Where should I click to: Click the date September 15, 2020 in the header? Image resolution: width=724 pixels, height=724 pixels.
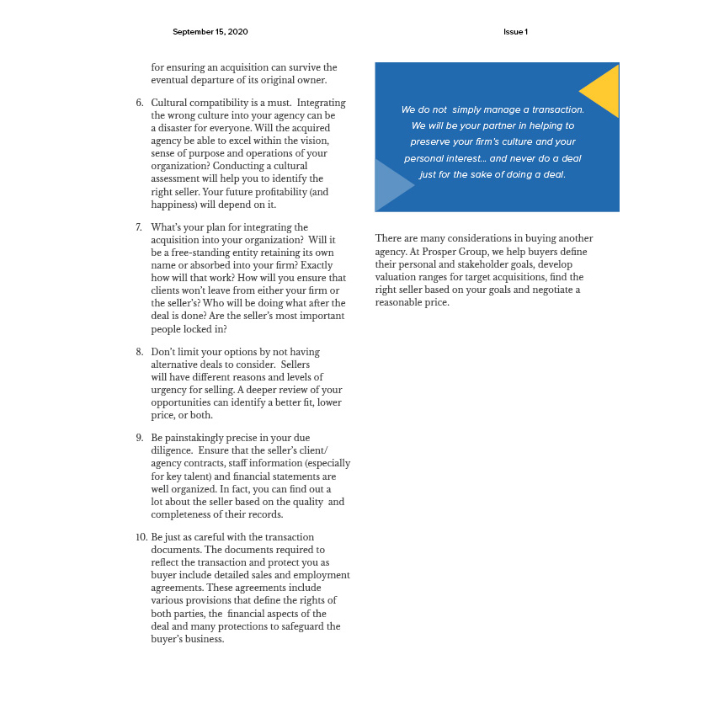tap(210, 32)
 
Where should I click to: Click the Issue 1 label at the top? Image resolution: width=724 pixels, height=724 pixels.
tap(515, 32)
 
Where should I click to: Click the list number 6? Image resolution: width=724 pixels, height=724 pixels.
tap(140, 103)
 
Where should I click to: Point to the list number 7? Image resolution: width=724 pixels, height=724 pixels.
tap(140, 227)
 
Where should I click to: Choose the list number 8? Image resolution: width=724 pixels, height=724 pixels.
tap(140, 352)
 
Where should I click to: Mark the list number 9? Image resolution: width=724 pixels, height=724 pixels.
tap(140, 438)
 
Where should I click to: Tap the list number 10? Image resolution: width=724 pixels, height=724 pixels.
tap(141, 537)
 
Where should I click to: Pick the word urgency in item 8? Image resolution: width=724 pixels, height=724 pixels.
tap(168, 390)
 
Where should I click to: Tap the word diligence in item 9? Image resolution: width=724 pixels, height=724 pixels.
tap(171, 450)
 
